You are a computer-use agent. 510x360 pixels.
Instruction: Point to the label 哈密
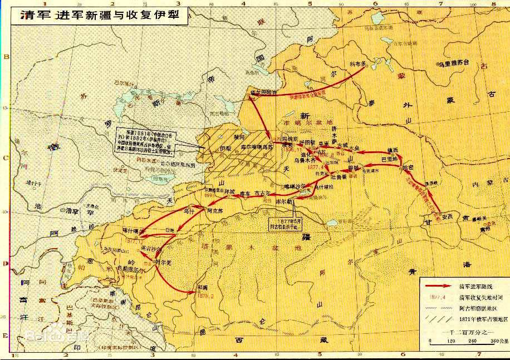[408, 167]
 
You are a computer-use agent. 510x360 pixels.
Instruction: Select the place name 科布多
[359, 64]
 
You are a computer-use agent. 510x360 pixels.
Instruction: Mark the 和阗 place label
[203, 288]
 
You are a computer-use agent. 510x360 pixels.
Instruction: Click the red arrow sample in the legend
[438, 285]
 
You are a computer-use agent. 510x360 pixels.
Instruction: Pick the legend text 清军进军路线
[475, 285]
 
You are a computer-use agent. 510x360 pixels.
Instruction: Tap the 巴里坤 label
[389, 159]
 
